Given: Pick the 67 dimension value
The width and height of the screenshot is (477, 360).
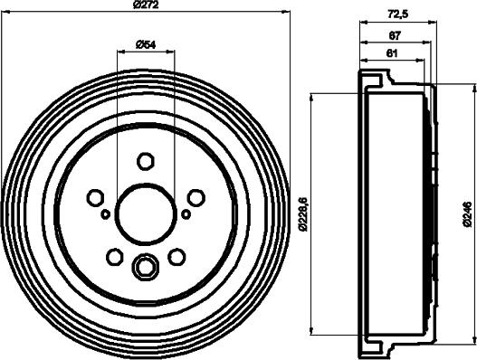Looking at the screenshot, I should pos(395,35).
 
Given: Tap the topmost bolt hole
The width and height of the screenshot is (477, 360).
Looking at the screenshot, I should pos(146,161).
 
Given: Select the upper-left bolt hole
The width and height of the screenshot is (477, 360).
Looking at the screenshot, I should pos(95,197).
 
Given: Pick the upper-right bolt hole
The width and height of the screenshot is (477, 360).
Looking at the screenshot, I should pos(196,197).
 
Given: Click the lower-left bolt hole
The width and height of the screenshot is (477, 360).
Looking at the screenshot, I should pos(114,257).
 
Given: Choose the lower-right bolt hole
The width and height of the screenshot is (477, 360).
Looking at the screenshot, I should pos(177,257).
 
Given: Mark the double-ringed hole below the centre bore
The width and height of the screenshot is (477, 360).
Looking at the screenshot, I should pos(146,267).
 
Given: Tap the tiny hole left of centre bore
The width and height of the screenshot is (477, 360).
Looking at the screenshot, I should pos(106,214).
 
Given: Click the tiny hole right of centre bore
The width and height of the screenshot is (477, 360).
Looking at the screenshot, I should pos(186,214).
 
